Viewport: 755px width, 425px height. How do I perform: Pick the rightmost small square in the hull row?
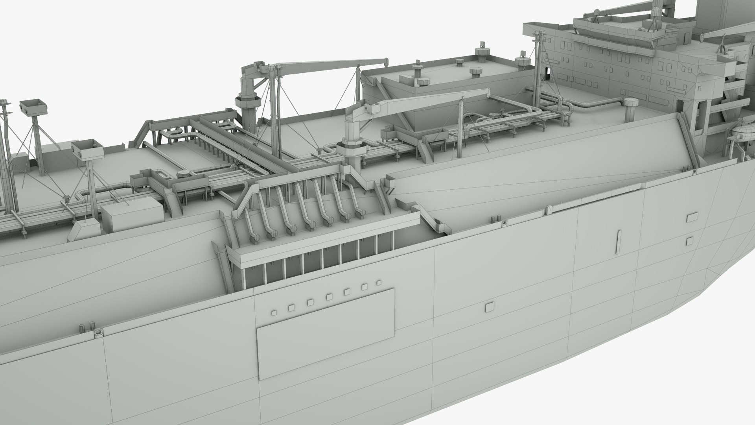click(379, 283)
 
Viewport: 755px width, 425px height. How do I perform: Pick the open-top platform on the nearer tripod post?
click(87, 149)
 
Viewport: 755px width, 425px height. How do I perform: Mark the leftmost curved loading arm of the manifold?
click(252, 224)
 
